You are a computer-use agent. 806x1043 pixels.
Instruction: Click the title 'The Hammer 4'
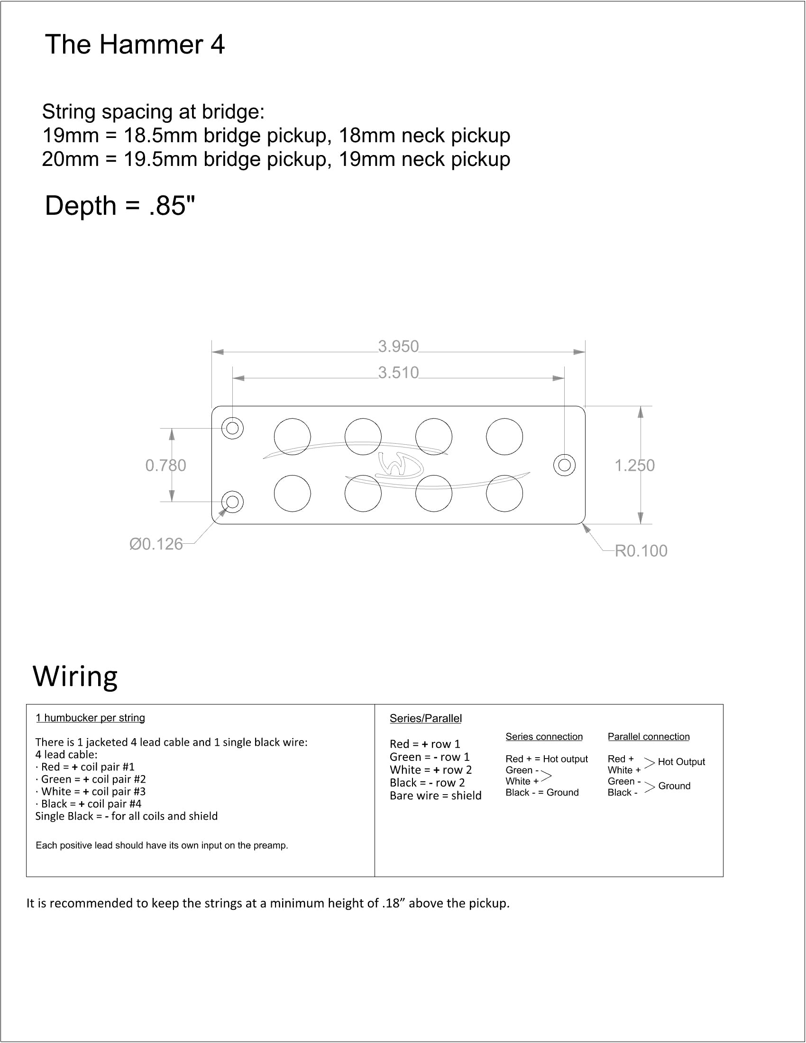coord(135,45)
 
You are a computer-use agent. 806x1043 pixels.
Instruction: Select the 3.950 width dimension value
coord(398,346)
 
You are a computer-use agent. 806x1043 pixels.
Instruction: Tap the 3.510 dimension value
coord(398,373)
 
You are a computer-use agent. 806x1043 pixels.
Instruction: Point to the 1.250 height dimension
coord(634,465)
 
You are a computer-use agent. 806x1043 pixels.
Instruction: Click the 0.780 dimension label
coord(165,465)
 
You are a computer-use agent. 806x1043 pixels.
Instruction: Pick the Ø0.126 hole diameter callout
coord(156,544)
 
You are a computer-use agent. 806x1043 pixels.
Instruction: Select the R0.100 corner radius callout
coord(641,550)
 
